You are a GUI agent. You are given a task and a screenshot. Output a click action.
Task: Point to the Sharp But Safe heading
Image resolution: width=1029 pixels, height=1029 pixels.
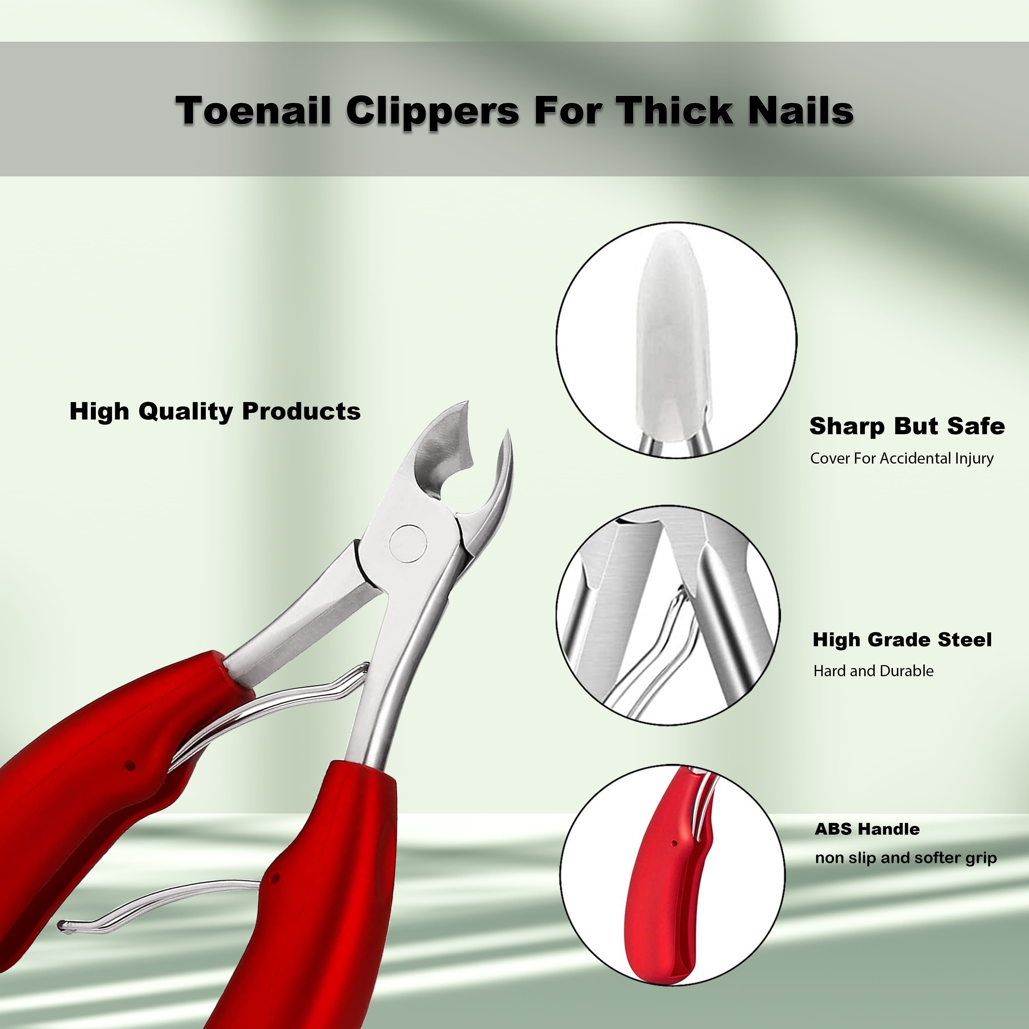click(907, 426)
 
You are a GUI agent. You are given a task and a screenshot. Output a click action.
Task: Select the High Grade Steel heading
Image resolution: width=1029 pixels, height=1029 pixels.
click(902, 640)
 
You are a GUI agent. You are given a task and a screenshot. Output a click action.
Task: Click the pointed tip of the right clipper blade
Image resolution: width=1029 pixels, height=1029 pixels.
click(508, 430)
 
